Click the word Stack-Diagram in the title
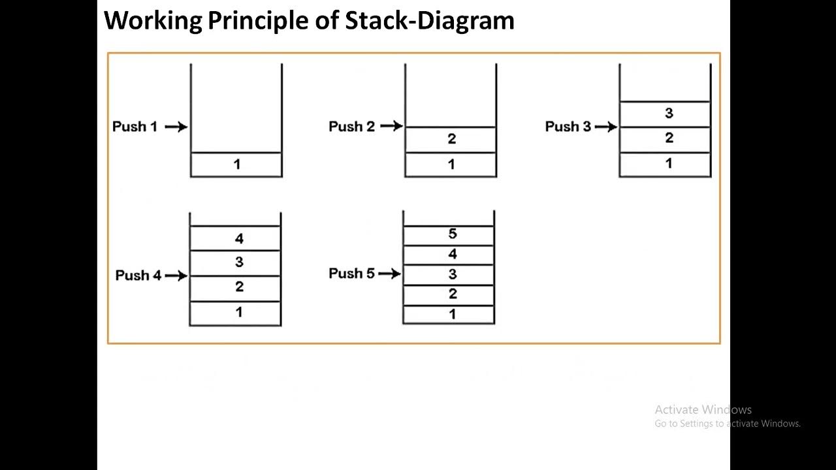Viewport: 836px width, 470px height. point(430,21)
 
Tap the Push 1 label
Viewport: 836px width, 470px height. point(135,127)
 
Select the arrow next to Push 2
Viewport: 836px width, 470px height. point(391,126)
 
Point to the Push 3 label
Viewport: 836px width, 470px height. point(567,127)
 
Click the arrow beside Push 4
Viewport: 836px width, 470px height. point(176,275)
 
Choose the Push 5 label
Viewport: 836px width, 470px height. point(351,274)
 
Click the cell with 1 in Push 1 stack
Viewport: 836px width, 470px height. point(236,164)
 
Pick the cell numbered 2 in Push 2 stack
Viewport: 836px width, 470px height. point(451,139)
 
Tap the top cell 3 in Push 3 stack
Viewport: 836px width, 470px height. point(666,114)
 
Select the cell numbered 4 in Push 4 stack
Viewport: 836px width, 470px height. point(236,238)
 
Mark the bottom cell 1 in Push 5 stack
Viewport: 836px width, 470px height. point(449,314)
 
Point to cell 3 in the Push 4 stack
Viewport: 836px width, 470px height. point(236,263)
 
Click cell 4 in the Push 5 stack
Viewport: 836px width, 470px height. point(449,255)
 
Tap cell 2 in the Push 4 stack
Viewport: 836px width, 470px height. point(236,288)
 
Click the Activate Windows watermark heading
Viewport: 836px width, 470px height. point(703,410)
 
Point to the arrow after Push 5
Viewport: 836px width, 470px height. point(389,274)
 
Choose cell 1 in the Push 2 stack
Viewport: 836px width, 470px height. point(451,164)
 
